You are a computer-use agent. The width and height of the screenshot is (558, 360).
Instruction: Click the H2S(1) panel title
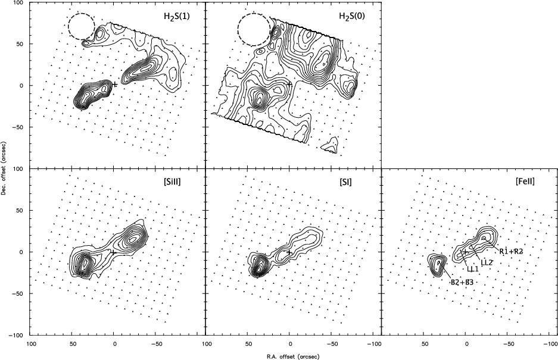174,16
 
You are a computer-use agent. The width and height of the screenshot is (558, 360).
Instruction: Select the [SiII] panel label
171,181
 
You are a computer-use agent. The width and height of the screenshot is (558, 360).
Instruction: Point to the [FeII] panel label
525,181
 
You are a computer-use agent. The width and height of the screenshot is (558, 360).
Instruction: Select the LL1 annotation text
473,268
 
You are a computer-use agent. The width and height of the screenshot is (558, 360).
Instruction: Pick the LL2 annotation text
487,262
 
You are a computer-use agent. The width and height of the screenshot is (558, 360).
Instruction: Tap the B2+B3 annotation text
462,283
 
